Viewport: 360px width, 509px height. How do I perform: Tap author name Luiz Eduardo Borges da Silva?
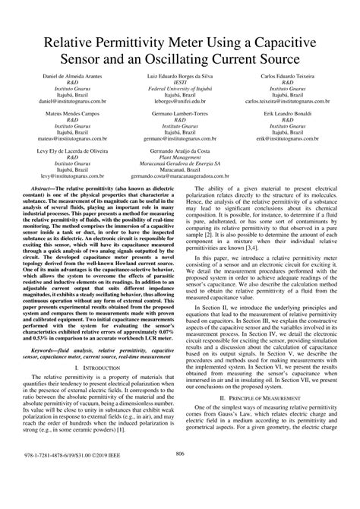coord(179,79)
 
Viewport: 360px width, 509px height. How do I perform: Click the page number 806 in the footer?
coord(180,495)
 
